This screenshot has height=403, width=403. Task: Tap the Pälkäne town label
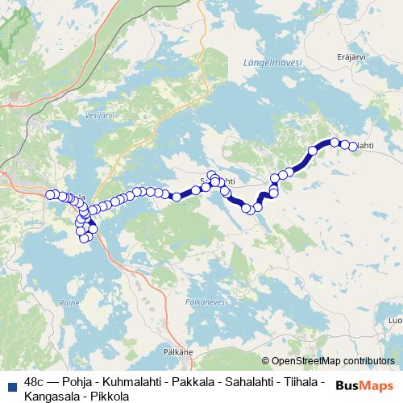tap(177, 352)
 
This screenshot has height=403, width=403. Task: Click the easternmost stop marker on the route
tap(352, 146)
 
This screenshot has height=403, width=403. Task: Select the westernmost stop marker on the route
tap(50, 194)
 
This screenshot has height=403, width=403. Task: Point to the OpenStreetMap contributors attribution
tap(329, 361)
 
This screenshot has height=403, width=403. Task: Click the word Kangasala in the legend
tap(51, 396)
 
